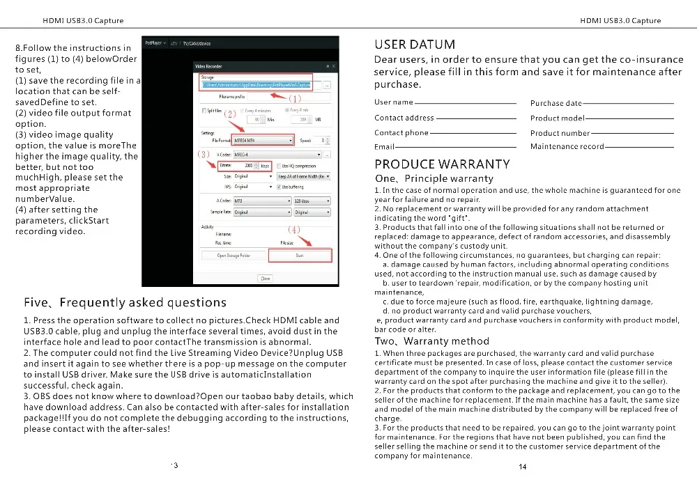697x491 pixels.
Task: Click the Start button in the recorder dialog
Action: (300, 256)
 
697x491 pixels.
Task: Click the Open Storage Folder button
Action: (234, 256)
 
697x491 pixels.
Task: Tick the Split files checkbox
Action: (203, 111)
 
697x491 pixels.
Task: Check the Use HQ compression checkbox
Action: (279, 166)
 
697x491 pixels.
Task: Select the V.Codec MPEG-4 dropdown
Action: (277, 154)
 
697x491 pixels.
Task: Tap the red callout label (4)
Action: (294, 228)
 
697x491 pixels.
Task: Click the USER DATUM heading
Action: (415, 45)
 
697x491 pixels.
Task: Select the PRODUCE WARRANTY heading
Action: (442, 164)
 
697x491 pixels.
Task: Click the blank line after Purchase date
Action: (628, 103)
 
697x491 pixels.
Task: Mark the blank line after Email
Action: (455, 147)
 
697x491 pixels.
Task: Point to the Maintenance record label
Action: (567, 147)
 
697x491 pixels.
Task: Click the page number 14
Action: (523, 467)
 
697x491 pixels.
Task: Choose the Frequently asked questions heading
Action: (125, 303)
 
